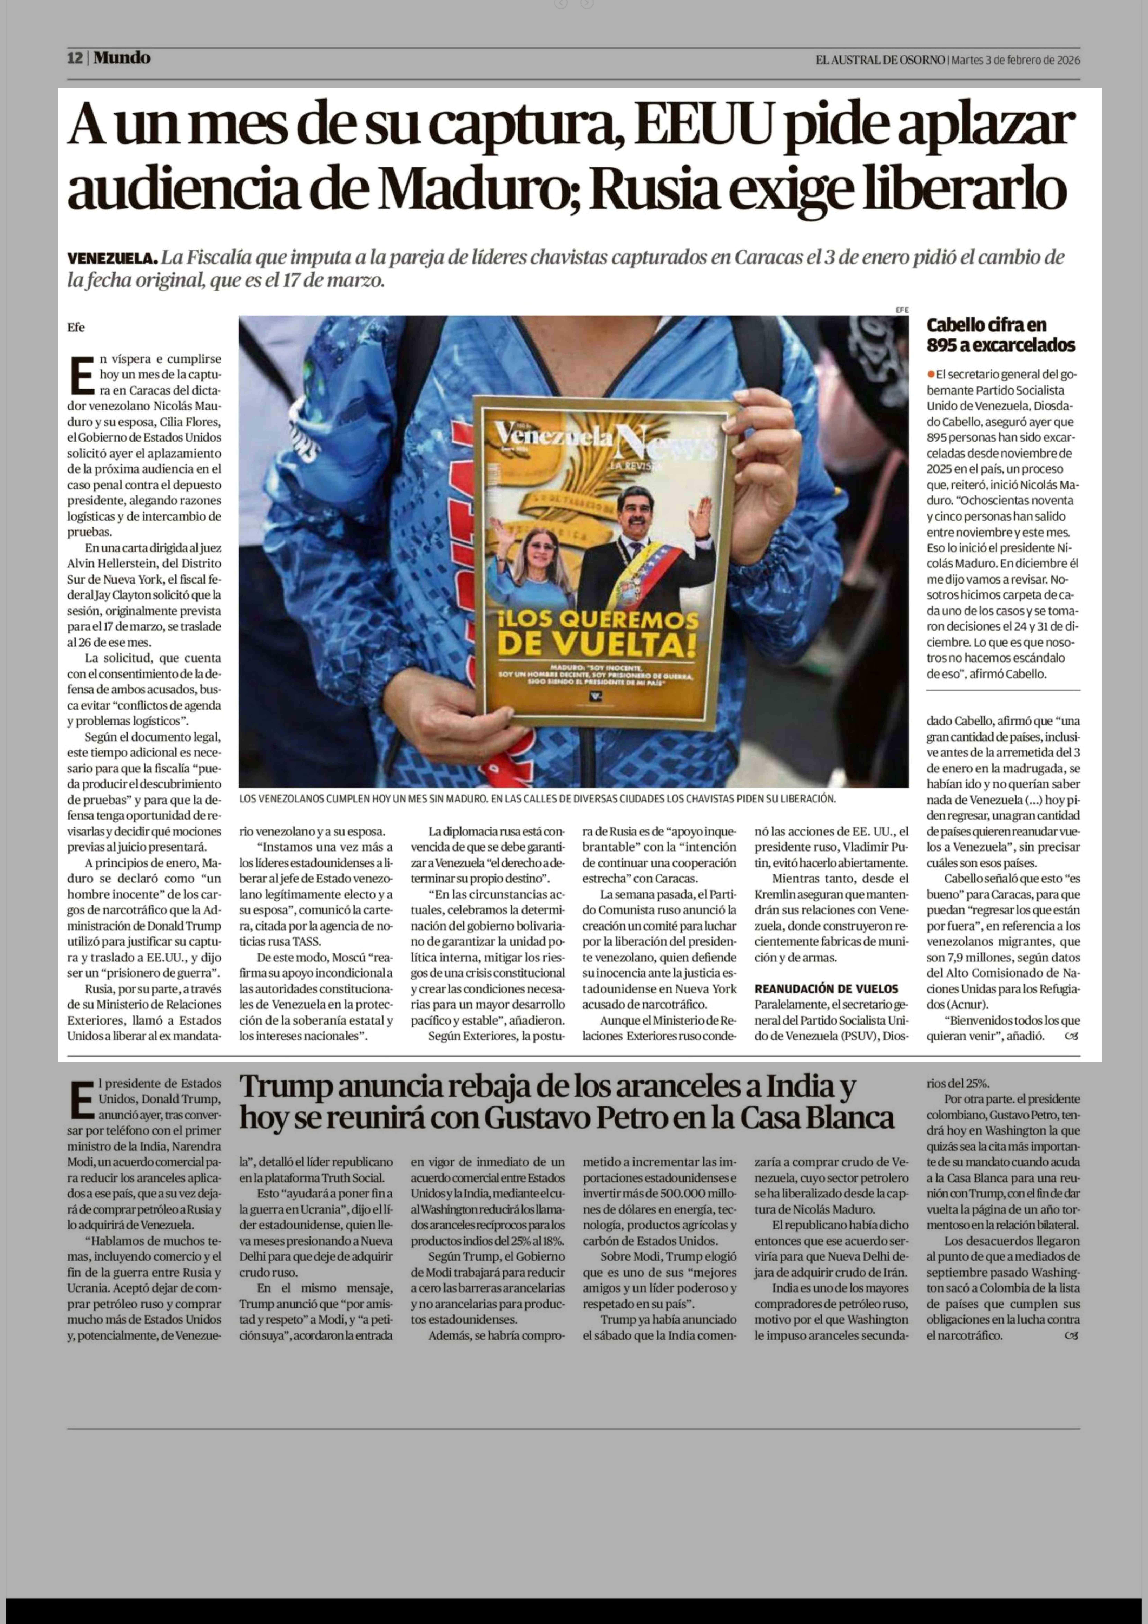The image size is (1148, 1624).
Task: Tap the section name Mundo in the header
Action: pos(122,58)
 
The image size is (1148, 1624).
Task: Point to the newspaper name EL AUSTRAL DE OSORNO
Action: pos(880,60)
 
